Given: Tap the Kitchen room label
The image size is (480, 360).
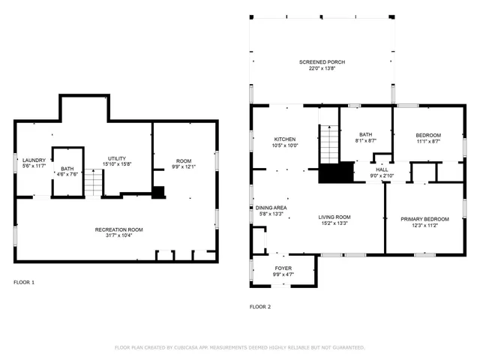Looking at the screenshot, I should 285,139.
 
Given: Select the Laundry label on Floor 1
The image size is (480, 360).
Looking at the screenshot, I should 34,159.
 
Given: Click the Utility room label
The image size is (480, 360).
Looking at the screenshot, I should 116,158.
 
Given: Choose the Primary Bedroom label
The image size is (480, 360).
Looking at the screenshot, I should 424,219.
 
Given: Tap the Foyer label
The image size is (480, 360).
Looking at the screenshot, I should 283,268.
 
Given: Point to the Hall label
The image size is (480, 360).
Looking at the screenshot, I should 382,169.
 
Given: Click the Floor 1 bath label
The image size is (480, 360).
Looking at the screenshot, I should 67,169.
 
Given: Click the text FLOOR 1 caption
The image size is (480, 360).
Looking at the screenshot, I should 24,282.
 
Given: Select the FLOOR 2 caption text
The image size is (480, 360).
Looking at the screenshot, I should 260,307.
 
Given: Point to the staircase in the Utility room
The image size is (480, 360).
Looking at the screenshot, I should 91,182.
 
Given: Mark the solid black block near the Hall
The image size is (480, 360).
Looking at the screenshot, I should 335,173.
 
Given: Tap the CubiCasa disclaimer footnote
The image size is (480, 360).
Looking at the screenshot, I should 240,347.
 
